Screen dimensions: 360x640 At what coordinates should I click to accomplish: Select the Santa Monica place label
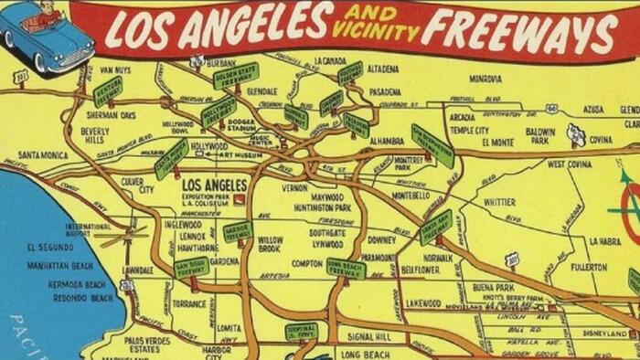tap(42, 154)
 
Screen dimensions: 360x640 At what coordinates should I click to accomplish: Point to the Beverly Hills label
tap(95, 135)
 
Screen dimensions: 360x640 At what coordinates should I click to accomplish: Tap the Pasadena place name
tap(385, 91)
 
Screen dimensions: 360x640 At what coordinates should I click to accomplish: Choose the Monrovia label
tap(485, 79)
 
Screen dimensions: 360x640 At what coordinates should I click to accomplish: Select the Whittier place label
tap(499, 202)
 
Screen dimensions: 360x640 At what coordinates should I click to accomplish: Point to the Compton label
tap(306, 263)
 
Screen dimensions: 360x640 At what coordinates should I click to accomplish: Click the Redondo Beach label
tap(82, 298)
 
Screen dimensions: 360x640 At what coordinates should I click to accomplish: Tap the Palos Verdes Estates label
tap(148, 344)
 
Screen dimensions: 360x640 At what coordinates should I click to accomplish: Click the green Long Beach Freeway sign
tap(346, 267)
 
